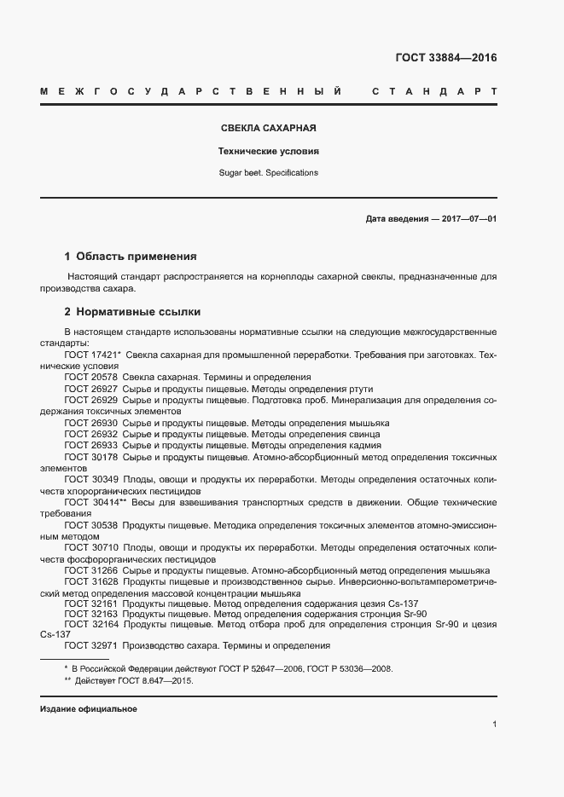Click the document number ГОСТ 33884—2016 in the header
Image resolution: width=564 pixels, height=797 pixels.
click(x=445, y=58)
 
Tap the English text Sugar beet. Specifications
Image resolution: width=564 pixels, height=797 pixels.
click(x=269, y=172)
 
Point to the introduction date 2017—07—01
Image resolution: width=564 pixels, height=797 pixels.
click(x=468, y=218)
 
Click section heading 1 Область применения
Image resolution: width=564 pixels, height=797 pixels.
click(x=131, y=256)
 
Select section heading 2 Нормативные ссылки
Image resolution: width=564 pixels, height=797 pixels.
click(x=132, y=311)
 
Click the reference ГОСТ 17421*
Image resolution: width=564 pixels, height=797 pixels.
click(x=92, y=353)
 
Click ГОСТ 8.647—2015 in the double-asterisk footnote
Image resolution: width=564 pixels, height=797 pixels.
click(x=154, y=682)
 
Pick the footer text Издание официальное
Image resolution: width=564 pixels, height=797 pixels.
click(x=89, y=709)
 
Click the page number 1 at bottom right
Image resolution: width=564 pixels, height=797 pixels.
click(x=495, y=724)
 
